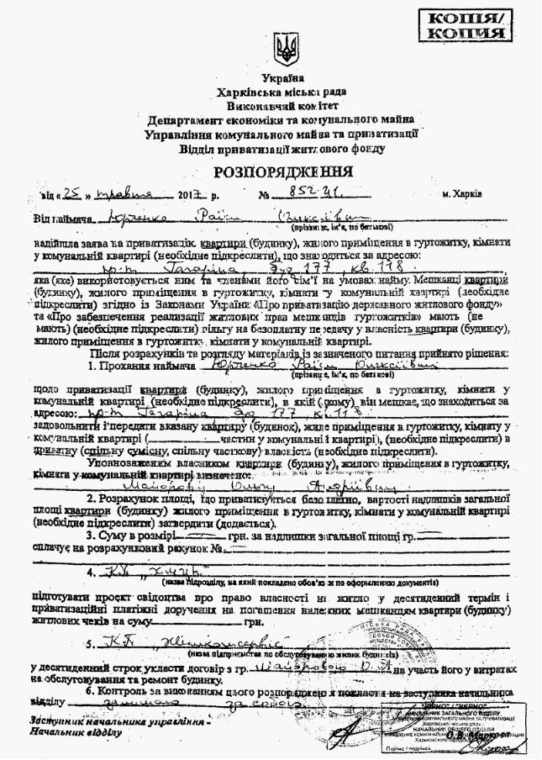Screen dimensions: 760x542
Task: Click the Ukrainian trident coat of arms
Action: pos(286,50)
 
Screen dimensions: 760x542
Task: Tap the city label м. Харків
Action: pos(461,194)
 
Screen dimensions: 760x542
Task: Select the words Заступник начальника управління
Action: pos(117,721)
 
